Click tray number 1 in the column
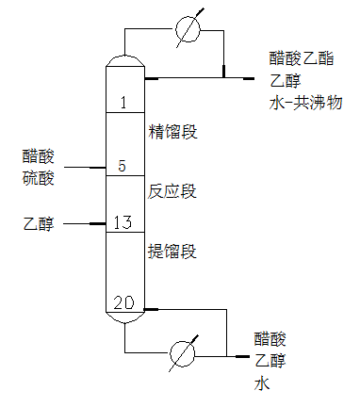[123, 102]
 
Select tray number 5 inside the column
[123, 166]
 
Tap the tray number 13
[123, 223]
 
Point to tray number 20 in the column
[123, 303]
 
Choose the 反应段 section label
[172, 192]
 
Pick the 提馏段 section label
[172, 251]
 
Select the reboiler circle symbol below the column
[181, 355]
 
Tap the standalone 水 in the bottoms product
[260, 383]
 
